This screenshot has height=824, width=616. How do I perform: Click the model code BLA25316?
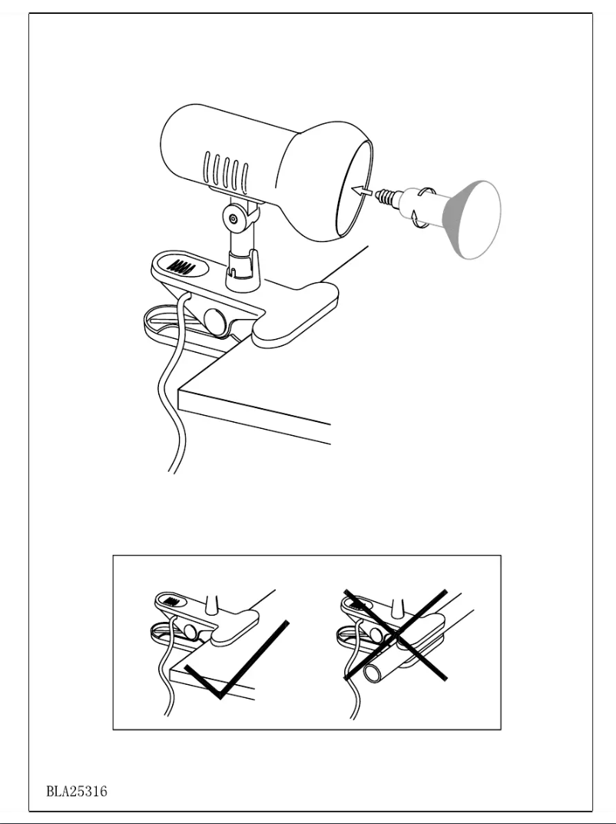[x=76, y=791]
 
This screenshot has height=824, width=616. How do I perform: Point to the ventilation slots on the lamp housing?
[x=227, y=172]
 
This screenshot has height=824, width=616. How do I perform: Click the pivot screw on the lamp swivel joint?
[x=233, y=221]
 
